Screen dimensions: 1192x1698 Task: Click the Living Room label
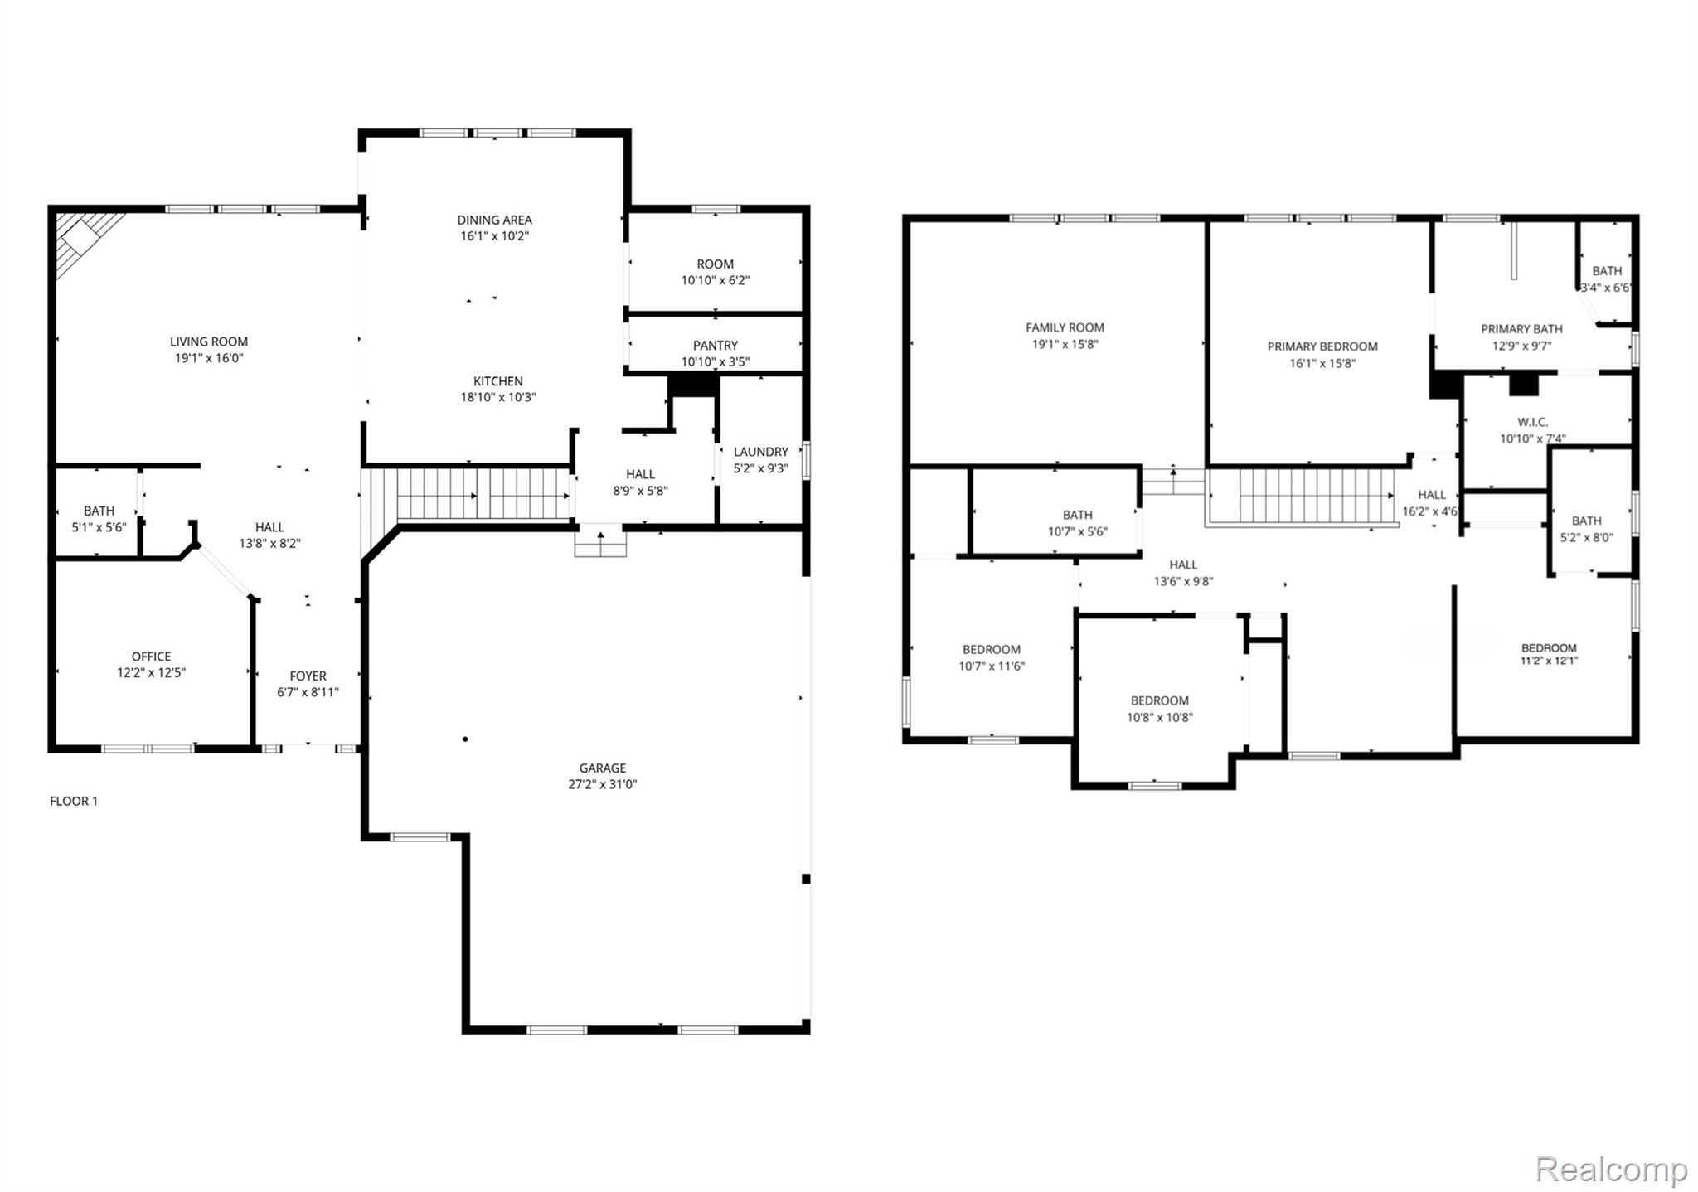coord(209,342)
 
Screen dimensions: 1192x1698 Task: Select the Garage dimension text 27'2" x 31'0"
coord(603,784)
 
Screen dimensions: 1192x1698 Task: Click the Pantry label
coord(715,345)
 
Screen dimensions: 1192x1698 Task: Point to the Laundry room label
coord(760,452)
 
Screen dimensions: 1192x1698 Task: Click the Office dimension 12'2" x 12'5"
coord(151,673)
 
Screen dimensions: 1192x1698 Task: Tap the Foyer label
coord(308,676)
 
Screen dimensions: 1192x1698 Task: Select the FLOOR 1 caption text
coord(74,801)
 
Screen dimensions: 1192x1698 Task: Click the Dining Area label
coord(494,220)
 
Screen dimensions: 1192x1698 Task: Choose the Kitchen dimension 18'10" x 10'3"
coord(497,397)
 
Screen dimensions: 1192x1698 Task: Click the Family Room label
coord(1065,327)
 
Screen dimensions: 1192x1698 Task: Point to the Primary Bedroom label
coord(1322,346)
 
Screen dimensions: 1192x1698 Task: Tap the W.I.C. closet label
coord(1532,422)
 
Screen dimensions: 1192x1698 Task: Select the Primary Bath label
coord(1521,329)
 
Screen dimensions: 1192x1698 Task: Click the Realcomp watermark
coord(1611,1170)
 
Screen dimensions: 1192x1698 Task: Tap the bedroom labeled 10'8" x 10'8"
coord(1159,709)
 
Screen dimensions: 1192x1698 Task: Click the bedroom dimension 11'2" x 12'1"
coord(1549,661)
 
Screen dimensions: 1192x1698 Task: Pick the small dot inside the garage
coord(466,739)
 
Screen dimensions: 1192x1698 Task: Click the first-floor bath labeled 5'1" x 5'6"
coord(99,519)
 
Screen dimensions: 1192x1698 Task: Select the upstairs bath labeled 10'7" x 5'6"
coord(1077,523)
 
